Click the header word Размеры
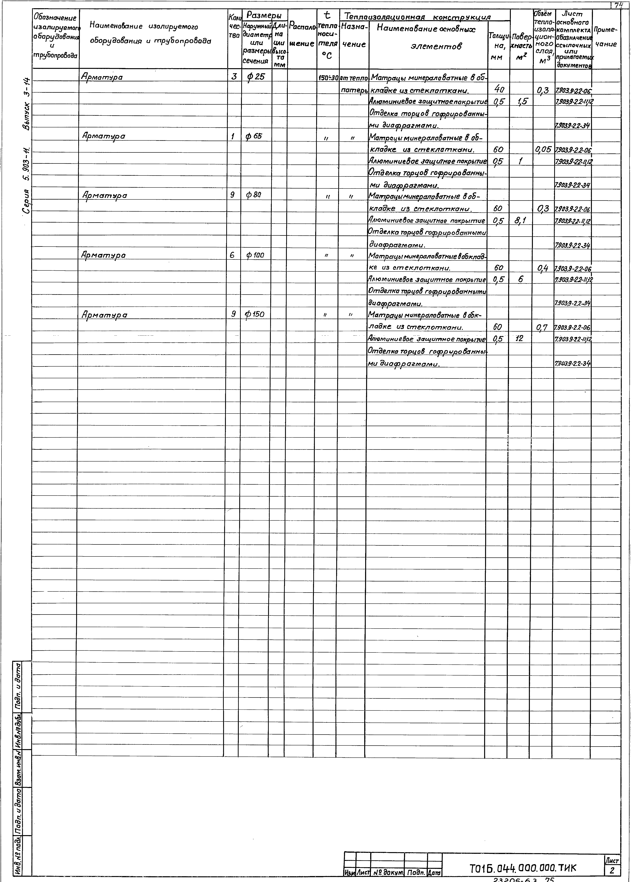tap(264, 16)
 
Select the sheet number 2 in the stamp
tap(612, 871)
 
